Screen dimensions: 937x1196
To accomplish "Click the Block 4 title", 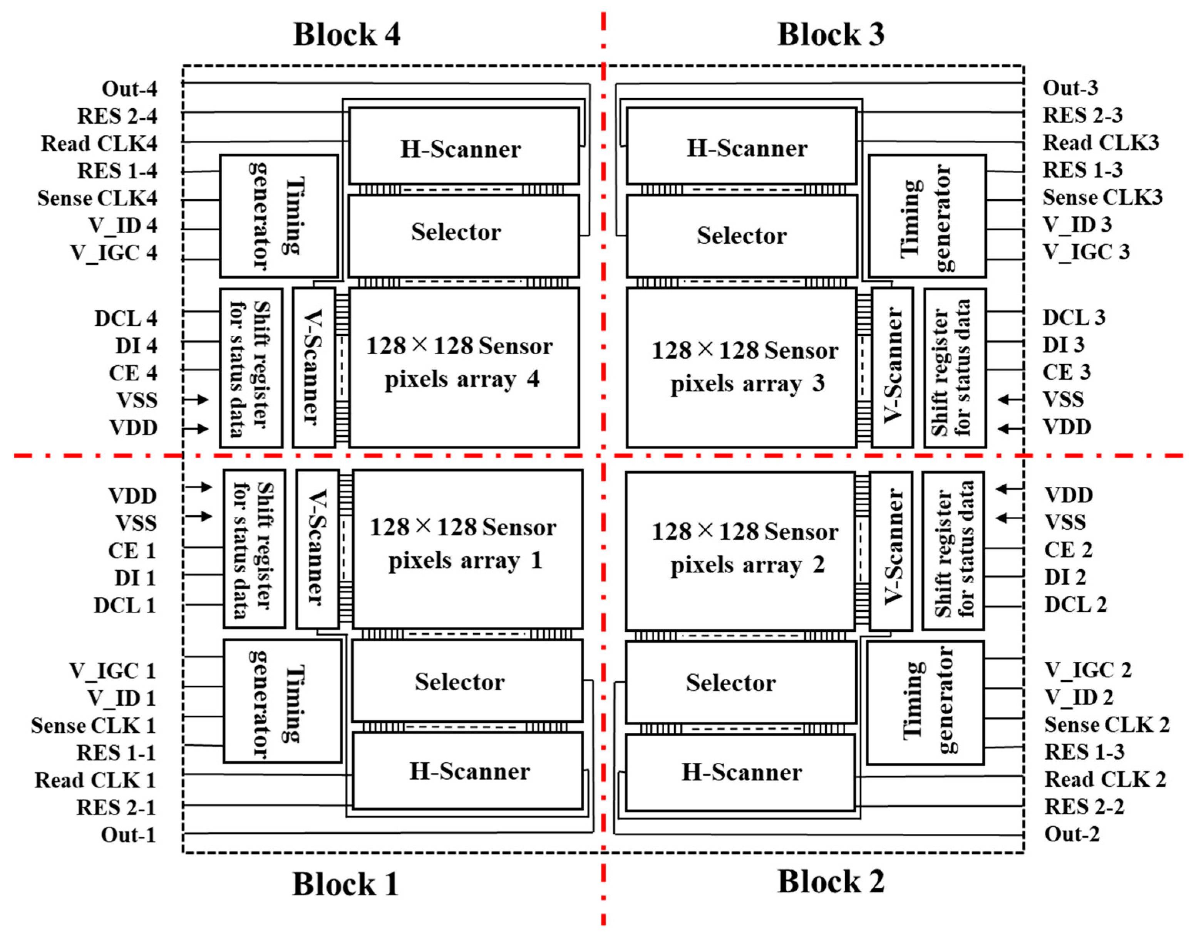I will (347, 35).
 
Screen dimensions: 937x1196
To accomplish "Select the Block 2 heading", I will (831, 881).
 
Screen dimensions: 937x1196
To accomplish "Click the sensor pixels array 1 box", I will (467, 548).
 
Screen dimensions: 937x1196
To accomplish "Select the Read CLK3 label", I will (1100, 143).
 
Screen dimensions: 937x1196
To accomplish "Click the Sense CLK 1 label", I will (93, 725).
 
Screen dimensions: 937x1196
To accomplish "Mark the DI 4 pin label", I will (136, 346).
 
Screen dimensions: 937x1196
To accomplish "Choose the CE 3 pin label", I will (1066, 372).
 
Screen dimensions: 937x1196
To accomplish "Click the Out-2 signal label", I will (1072, 834).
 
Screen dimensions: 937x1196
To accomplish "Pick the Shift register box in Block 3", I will (954, 368).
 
